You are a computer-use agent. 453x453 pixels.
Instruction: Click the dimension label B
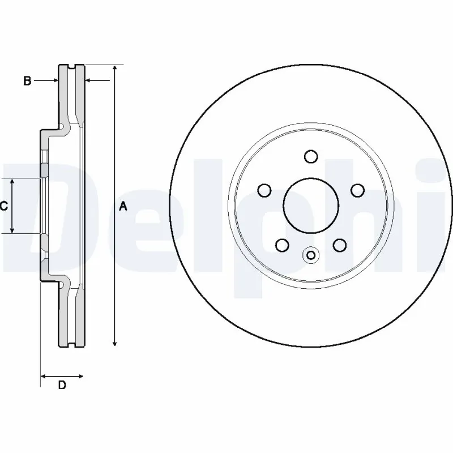pos(27,81)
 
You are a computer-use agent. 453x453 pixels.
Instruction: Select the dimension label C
pos(3,206)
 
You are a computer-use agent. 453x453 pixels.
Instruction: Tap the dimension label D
pos(62,386)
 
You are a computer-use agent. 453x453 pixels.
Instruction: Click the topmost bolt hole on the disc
pos(311,156)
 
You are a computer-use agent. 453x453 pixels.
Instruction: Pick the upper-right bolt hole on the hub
pos(357,190)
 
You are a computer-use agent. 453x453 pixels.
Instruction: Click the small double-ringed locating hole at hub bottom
pos(310,255)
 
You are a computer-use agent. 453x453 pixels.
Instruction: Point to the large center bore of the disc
pos(311,205)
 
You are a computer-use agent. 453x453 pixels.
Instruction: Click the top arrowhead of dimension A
pos(115,68)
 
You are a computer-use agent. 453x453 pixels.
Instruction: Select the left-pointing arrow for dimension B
pos(88,81)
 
